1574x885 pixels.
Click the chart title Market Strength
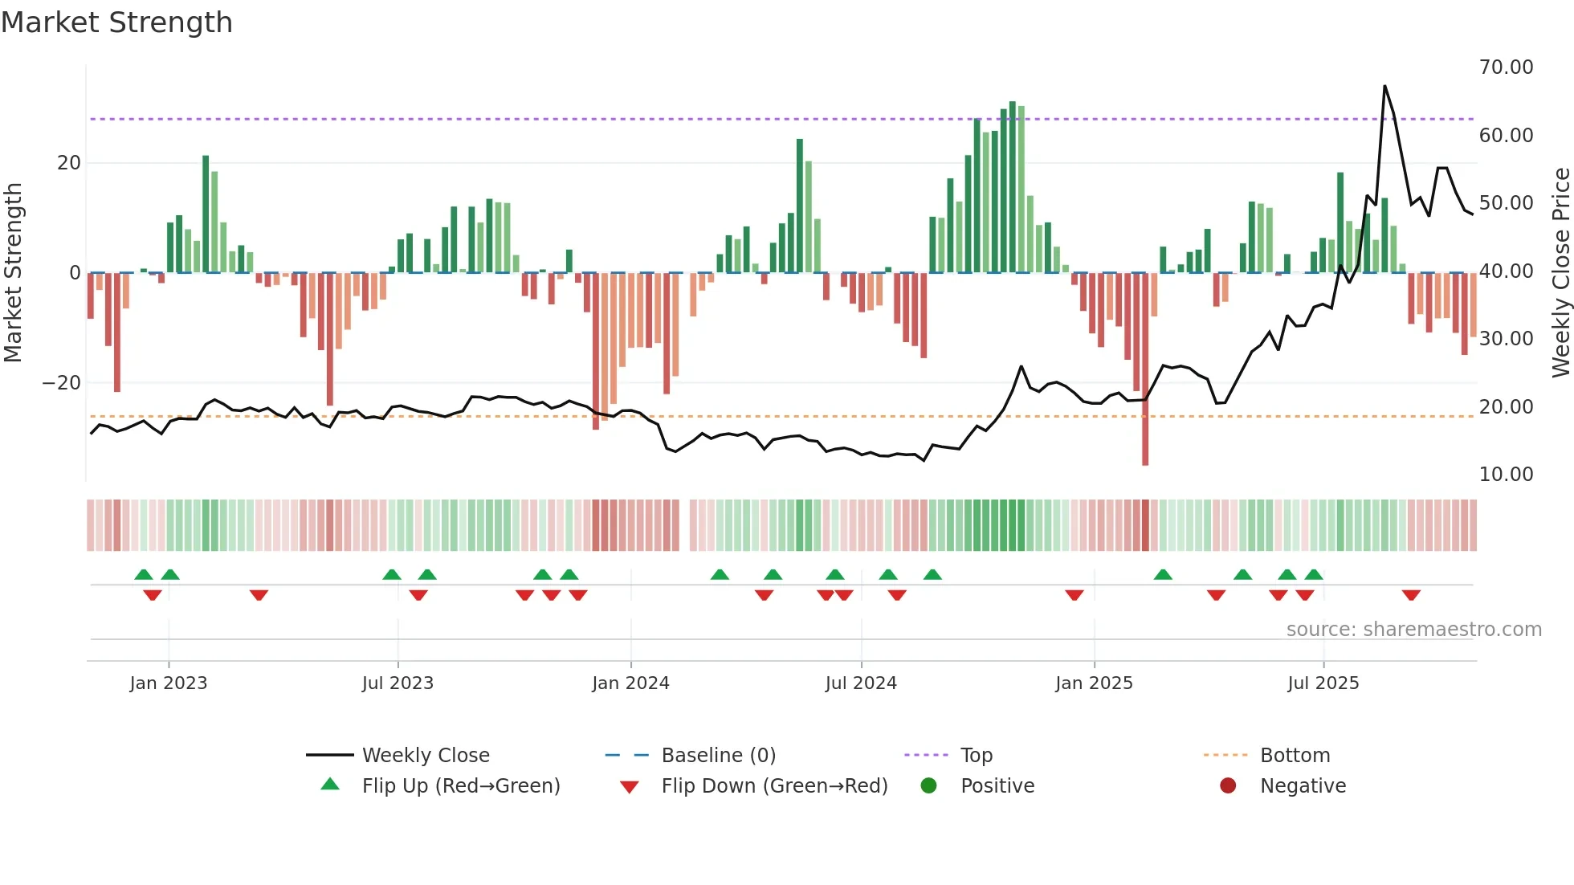(x=116, y=22)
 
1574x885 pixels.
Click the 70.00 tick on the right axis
(x=1506, y=67)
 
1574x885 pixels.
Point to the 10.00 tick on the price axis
(x=1506, y=475)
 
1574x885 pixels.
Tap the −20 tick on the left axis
(x=62, y=383)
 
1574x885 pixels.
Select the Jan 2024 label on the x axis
(x=630, y=683)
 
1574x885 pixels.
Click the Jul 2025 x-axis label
(x=1323, y=683)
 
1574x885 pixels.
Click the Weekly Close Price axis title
(x=1560, y=273)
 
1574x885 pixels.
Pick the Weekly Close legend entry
(x=426, y=756)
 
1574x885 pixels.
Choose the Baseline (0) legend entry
(x=718, y=756)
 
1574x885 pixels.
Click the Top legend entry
(x=977, y=756)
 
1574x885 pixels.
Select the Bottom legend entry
(x=1295, y=756)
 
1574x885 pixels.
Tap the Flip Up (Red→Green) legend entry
(x=460, y=786)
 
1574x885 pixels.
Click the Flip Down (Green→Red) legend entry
(x=774, y=786)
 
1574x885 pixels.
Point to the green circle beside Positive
(x=928, y=786)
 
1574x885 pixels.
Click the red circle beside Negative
(x=1228, y=786)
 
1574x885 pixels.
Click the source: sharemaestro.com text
(x=1413, y=630)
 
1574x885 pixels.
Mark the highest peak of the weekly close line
(x=1384, y=87)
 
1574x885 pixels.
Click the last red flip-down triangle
(x=1411, y=595)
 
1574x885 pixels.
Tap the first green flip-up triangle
(x=144, y=575)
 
